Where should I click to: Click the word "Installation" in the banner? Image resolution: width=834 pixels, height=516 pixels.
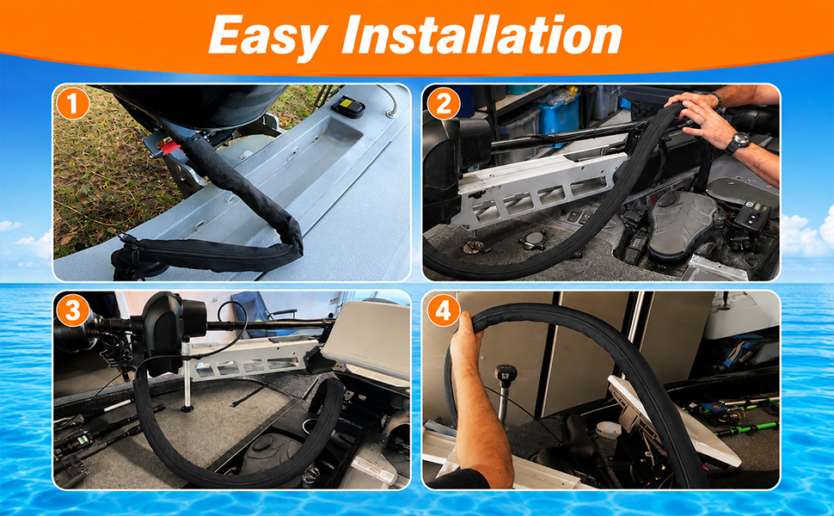coord(481,34)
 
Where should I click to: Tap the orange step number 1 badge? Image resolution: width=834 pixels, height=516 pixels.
coord(73,103)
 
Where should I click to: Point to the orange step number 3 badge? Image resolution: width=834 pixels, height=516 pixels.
coord(73,310)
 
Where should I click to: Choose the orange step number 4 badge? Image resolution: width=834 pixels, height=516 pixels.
coord(443,310)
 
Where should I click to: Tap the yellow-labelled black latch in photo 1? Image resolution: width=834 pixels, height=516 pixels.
coord(348,106)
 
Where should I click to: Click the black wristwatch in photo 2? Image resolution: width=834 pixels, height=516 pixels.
coord(739,142)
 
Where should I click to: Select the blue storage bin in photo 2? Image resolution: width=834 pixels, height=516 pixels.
coord(558,114)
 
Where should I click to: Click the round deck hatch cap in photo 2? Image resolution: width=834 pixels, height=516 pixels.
coord(532,240)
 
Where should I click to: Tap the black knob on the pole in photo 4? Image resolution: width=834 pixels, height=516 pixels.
coord(503,373)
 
